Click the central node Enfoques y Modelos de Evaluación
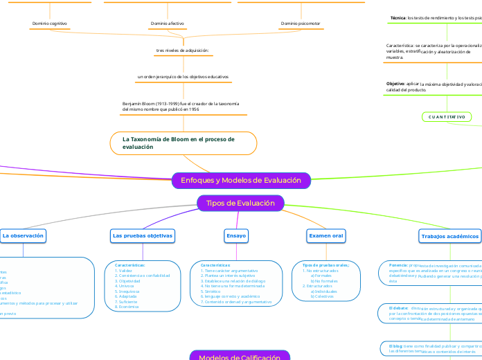241,181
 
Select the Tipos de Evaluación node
240,203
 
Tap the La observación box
23,236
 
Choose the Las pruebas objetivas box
143,236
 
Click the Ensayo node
236,236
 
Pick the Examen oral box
325,236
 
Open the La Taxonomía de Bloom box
184,143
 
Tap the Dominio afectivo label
167,24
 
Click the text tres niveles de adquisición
182,51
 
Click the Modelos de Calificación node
240,357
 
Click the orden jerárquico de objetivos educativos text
183,76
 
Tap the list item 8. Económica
129,306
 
